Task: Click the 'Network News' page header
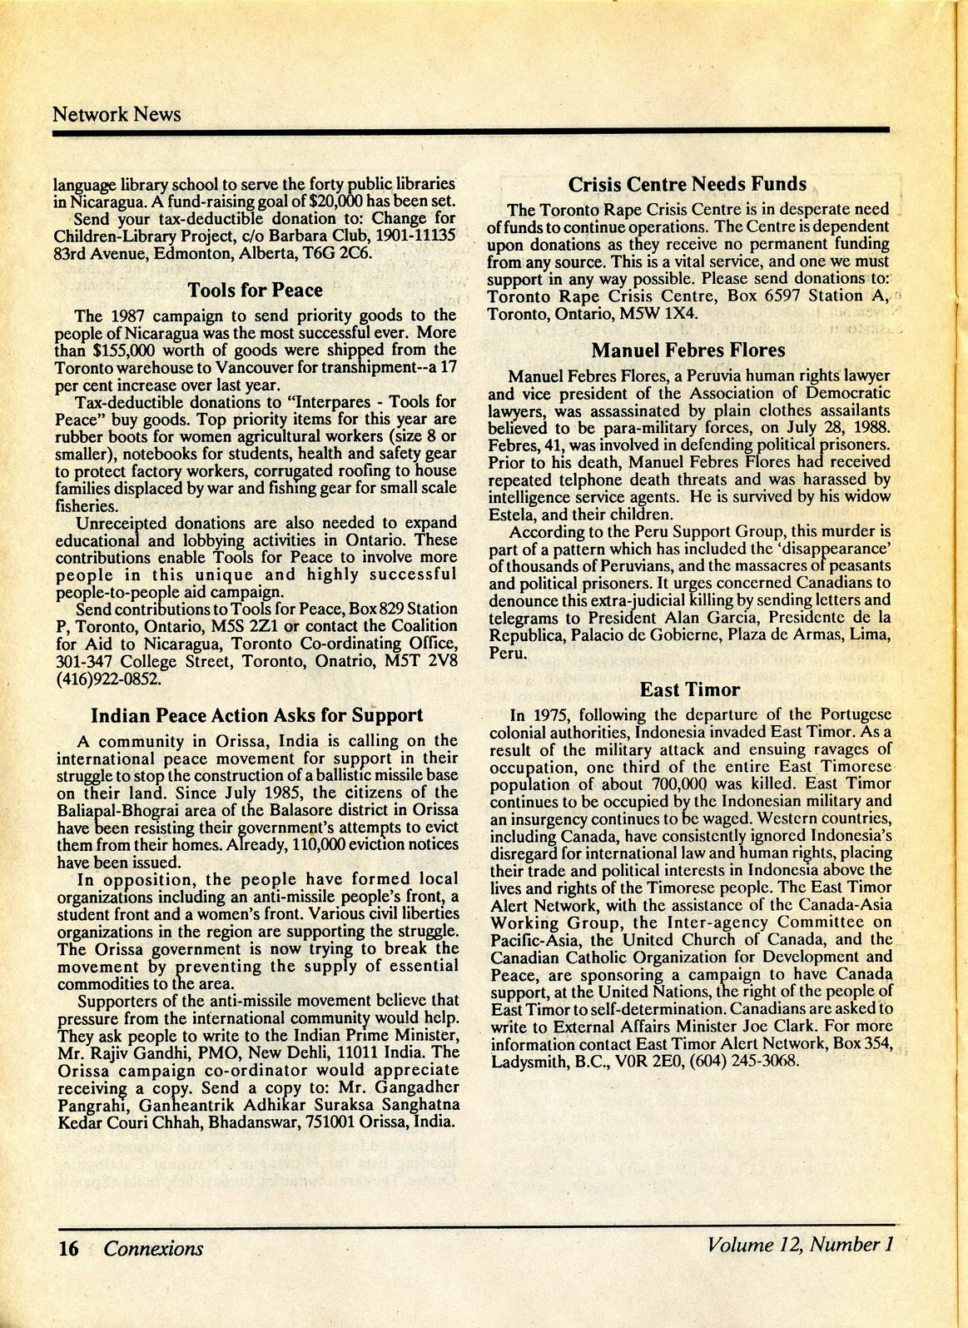pyautogui.click(x=117, y=113)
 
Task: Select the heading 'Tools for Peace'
pyautogui.click(x=255, y=291)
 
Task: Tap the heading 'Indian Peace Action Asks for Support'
pyautogui.click(x=256, y=715)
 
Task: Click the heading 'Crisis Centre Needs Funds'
pyautogui.click(x=687, y=184)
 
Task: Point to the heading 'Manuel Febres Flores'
pyautogui.click(x=688, y=351)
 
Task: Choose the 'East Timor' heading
pyautogui.click(x=690, y=689)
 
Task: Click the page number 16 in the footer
pyautogui.click(x=68, y=1248)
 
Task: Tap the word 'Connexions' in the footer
pyautogui.click(x=153, y=1248)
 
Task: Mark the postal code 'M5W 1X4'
pyautogui.click(x=668, y=314)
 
